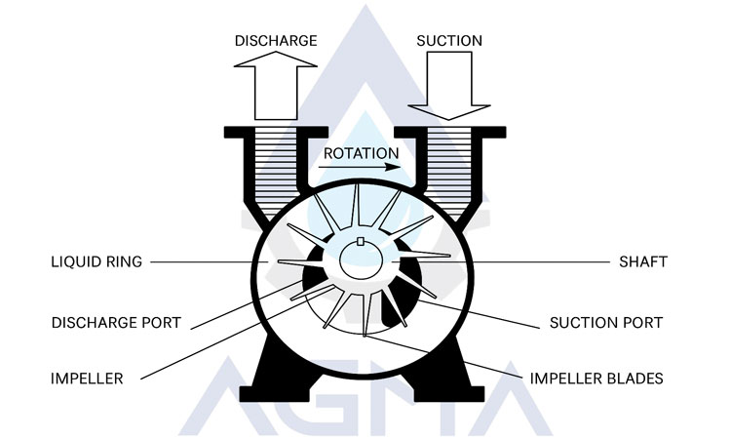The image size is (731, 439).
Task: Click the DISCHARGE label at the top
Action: (277, 41)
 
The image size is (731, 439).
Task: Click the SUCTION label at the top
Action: (449, 41)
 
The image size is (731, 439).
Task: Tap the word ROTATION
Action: (361, 153)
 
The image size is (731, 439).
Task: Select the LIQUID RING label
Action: (97, 262)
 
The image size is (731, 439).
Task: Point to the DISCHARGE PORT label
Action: (116, 323)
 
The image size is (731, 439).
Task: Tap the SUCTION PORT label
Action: (606, 323)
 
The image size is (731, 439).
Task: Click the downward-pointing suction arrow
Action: (449, 88)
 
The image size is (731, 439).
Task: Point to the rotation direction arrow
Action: (361, 167)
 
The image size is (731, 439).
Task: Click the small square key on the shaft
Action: (361, 242)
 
